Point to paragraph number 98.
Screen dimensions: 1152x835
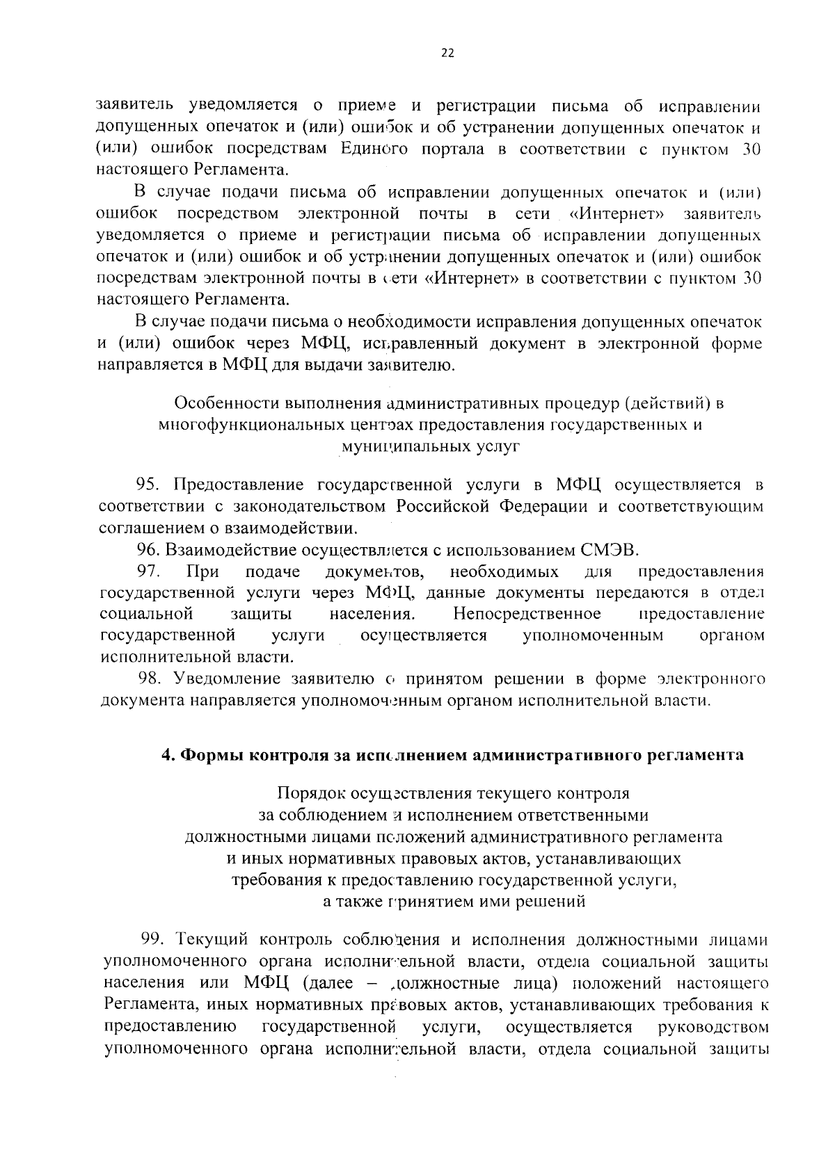(x=149, y=679)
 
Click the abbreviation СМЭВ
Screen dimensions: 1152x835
(x=608, y=550)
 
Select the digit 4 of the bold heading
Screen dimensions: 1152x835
(x=166, y=755)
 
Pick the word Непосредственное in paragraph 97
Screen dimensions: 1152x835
(x=527, y=614)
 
